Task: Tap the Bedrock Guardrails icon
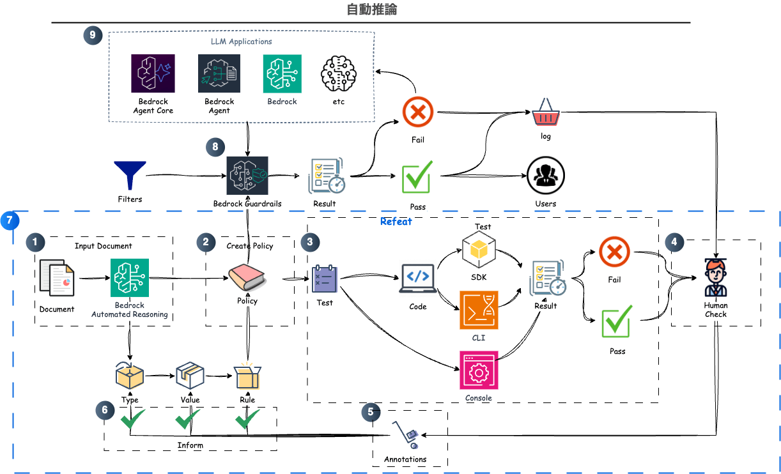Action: [247, 176]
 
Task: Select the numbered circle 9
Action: [93, 35]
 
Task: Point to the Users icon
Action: [545, 176]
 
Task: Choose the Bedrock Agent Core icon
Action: [153, 73]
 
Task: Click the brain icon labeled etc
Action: [339, 73]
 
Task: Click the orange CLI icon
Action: [479, 310]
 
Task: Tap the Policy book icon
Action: [247, 278]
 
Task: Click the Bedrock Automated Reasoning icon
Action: [130, 278]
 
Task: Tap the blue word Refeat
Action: [396, 222]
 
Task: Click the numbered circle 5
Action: [370, 412]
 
